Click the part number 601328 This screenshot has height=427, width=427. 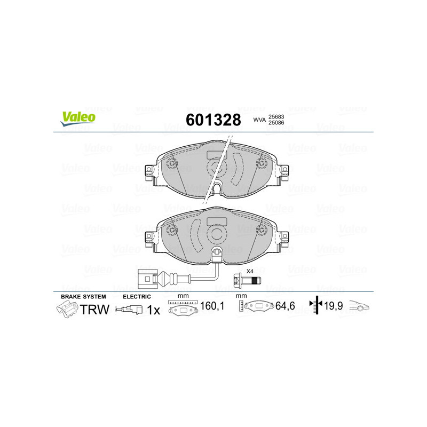[x=212, y=120]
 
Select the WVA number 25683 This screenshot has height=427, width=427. [x=276, y=116]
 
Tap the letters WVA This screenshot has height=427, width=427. [x=259, y=120]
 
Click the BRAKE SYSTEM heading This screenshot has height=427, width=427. [x=83, y=296]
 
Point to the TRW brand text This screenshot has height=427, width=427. [x=94, y=310]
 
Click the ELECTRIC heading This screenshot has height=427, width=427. [x=137, y=296]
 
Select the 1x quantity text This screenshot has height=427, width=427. [x=153, y=310]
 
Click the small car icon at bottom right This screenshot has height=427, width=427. [x=359, y=306]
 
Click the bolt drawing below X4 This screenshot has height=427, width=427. [x=246, y=280]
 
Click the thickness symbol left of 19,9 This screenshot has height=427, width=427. [x=317, y=306]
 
